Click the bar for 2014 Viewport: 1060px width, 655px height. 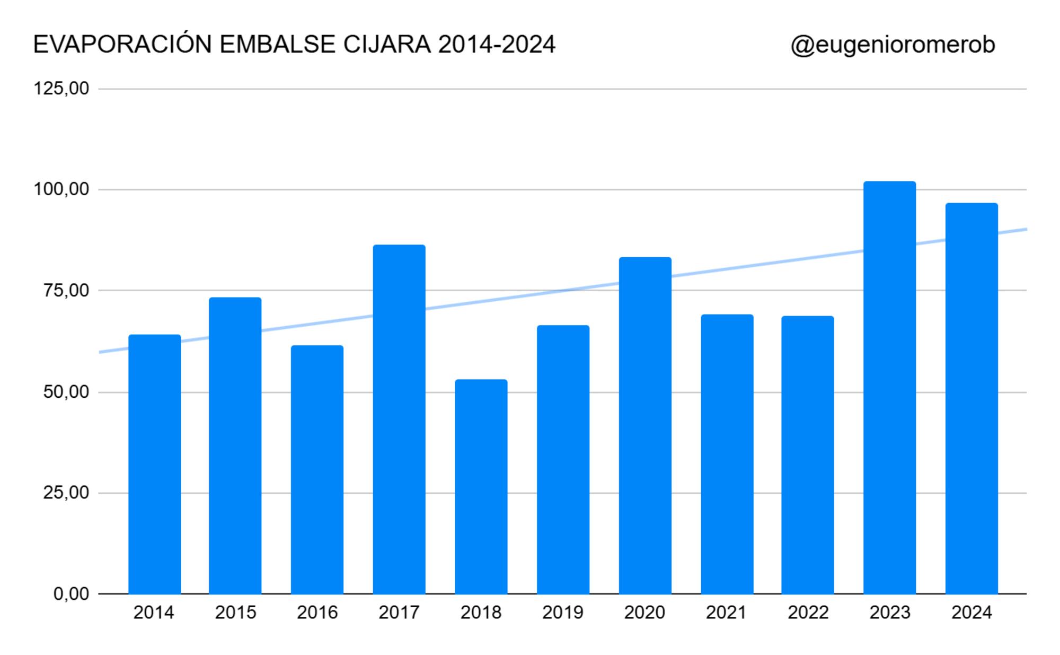click(155, 464)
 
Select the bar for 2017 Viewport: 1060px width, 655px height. click(399, 419)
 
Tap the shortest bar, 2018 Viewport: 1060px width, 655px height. click(481, 486)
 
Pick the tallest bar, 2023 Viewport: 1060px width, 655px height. click(889, 387)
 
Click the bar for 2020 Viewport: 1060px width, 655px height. click(645, 425)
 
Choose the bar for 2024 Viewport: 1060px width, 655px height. click(971, 398)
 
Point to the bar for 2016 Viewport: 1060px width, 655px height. click(317, 469)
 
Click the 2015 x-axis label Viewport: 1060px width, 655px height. click(235, 613)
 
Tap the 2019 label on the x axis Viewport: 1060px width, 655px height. click(562, 613)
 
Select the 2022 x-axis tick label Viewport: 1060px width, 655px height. click(808, 613)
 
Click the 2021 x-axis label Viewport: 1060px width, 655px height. click(726, 613)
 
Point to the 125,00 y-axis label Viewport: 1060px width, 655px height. click(61, 89)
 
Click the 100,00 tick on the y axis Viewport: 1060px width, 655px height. click(61, 189)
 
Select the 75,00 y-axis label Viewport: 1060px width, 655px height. click(66, 291)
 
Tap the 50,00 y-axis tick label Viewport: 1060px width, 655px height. click(66, 392)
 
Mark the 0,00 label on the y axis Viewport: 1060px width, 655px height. click(71, 594)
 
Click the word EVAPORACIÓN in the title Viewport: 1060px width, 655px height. click(122, 44)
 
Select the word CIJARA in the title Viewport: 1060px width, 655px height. click(387, 45)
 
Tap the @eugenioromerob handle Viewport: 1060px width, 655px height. click(893, 45)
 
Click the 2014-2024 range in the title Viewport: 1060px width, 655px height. click(497, 45)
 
